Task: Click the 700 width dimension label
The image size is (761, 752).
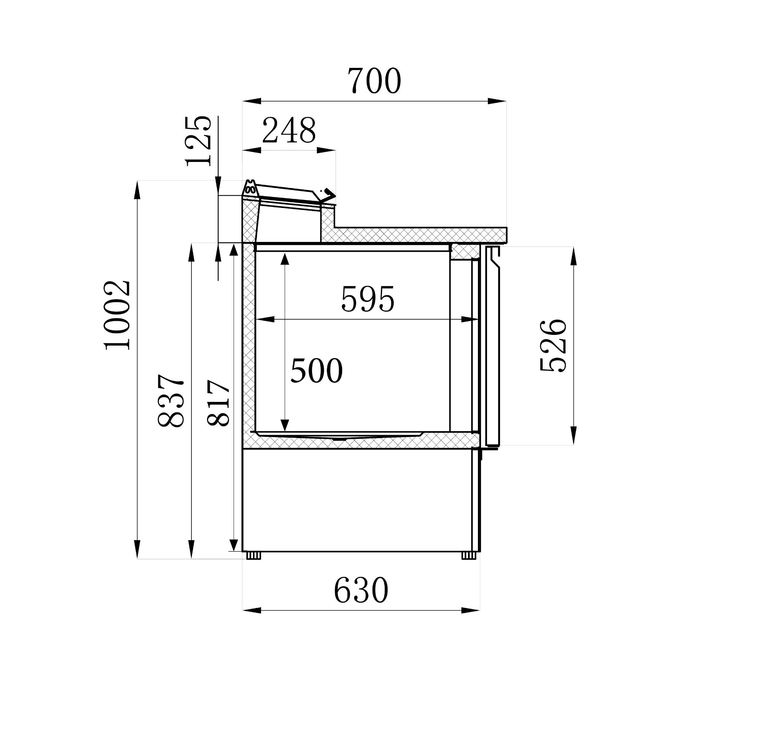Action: point(374,81)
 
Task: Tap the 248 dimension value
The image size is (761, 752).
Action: point(289,131)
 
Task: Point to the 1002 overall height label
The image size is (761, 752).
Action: point(117,315)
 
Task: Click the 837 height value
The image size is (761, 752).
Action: point(170,401)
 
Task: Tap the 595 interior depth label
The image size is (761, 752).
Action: point(368,299)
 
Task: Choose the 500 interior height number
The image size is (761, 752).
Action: point(316,371)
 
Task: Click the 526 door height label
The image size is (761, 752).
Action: point(553,346)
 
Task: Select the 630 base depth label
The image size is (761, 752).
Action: point(361,590)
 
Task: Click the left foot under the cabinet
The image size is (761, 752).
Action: point(254,556)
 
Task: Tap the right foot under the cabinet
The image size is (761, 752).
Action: point(469,556)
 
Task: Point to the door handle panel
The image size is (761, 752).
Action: point(493,347)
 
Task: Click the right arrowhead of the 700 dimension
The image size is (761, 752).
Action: point(497,101)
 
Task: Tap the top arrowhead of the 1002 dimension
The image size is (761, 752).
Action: point(137,190)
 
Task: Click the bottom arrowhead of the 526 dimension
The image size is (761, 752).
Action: point(573,436)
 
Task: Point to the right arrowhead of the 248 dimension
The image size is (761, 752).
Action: point(326,150)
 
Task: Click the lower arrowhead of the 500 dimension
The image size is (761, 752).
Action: point(285,425)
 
